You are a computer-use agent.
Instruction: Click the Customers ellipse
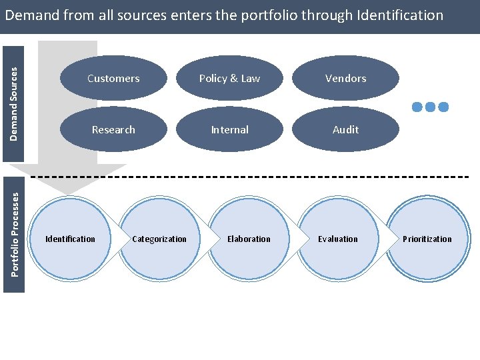point(113,78)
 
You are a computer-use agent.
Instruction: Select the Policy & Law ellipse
point(229,78)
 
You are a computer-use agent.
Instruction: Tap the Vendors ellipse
point(345,78)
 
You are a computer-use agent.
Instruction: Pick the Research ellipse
point(113,129)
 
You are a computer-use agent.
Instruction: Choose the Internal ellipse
point(229,129)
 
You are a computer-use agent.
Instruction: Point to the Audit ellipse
point(345,129)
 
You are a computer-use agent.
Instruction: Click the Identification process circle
point(70,239)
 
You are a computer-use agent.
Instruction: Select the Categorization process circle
point(159,239)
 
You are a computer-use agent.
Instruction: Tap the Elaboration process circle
point(249,239)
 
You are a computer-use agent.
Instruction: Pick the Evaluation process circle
point(338,239)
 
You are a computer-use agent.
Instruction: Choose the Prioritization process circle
point(427,239)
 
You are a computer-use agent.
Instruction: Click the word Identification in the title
point(400,15)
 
